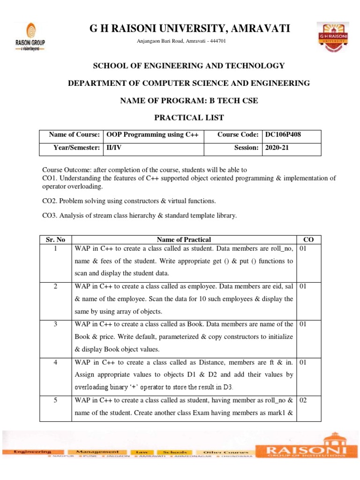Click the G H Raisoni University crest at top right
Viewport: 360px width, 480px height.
pyautogui.click(x=332, y=36)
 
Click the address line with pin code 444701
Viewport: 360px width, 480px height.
pyautogui.click(x=181, y=41)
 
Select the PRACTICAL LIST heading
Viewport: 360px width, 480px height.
pyautogui.click(x=186, y=117)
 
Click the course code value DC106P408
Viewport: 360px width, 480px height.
pyautogui.click(x=283, y=135)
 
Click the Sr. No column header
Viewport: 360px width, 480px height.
pyautogui.click(x=55, y=240)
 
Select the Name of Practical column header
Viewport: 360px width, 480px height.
pyautogui.click(x=184, y=240)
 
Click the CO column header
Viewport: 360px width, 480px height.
pyautogui.click(x=309, y=240)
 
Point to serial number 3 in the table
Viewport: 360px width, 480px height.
pyautogui.click(x=55, y=324)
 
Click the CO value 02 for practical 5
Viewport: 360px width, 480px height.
pyautogui.click(x=303, y=401)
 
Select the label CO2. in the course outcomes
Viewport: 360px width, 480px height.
pyautogui.click(x=51, y=201)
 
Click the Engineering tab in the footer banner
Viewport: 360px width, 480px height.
pyautogui.click(x=32, y=451)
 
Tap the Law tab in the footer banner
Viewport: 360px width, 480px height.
pyautogui.click(x=141, y=451)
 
